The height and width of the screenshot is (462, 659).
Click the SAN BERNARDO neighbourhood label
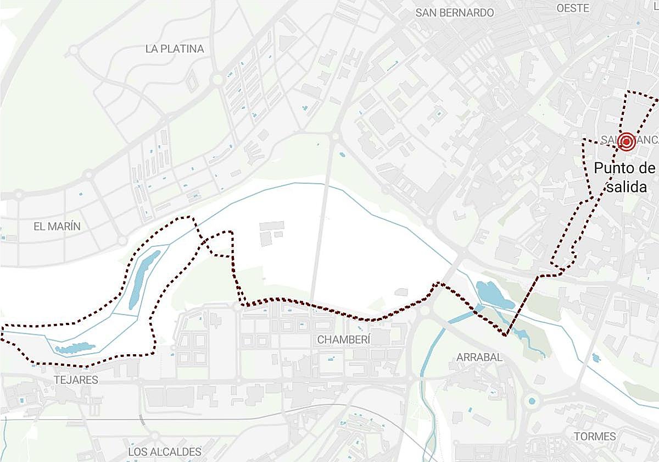pyautogui.click(x=455, y=13)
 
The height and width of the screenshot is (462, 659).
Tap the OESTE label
pyautogui.click(x=573, y=8)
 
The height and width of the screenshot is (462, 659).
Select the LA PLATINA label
pyautogui.click(x=175, y=49)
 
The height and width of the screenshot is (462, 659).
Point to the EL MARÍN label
pyautogui.click(x=57, y=226)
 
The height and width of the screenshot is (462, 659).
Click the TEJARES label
pyautogui.click(x=76, y=380)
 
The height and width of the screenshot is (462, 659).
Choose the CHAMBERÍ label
pyautogui.click(x=344, y=340)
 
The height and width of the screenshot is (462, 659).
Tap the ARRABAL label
pyautogui.click(x=479, y=358)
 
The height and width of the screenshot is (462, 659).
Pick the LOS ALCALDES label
pyautogui.click(x=165, y=452)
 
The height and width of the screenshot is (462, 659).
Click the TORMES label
pyautogui.click(x=595, y=436)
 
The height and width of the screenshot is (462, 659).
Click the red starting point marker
pyautogui.click(x=626, y=142)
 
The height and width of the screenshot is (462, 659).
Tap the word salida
pyautogui.click(x=627, y=187)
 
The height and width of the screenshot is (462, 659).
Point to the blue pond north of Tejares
pyautogui.click(x=75, y=348)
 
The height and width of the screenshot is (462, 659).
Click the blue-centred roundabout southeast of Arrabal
pyautogui.click(x=532, y=401)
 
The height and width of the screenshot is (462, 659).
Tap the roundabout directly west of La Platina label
pyautogui.click(x=73, y=52)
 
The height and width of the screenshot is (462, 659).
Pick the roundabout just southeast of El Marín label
pyautogui.click(x=122, y=241)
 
